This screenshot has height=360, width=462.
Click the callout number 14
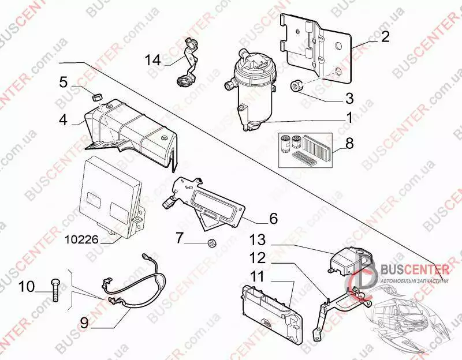pos(154,59)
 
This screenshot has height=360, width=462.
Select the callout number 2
pos(384,38)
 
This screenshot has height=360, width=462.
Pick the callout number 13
pos(257,239)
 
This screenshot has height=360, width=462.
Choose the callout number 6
pos(273,219)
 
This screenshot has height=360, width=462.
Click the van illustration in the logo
pos(404,314)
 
